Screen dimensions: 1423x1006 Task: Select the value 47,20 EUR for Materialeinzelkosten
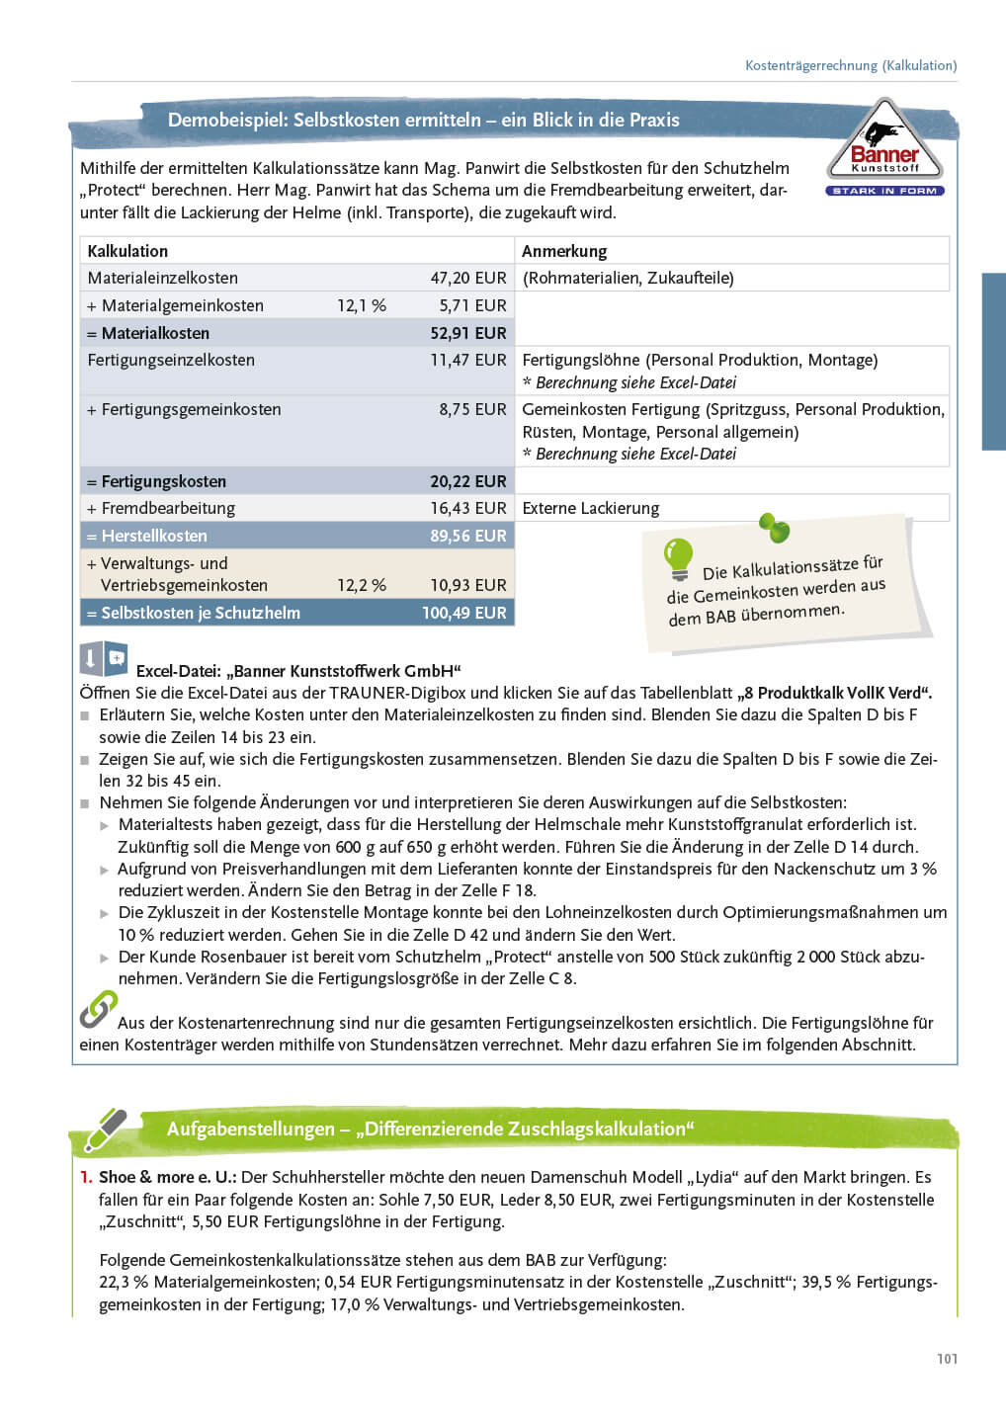click(x=467, y=279)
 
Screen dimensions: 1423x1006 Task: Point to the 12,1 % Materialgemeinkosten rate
click(x=362, y=306)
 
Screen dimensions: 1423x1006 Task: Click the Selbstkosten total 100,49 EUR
click(x=463, y=614)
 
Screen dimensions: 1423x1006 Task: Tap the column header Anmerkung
click(x=564, y=252)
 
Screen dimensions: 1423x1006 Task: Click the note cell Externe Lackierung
click(x=590, y=509)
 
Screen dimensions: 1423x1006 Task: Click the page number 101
click(x=947, y=1359)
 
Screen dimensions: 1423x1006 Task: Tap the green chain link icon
click(x=98, y=1010)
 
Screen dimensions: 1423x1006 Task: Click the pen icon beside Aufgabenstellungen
click(x=106, y=1130)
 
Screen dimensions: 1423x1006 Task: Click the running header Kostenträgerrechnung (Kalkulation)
click(x=850, y=66)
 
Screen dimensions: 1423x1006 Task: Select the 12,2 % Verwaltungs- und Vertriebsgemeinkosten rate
click(x=362, y=586)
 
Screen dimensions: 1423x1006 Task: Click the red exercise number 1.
click(x=86, y=1178)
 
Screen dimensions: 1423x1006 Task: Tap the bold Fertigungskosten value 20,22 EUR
click(x=467, y=482)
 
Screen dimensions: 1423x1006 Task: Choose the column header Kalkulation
click(x=127, y=252)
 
